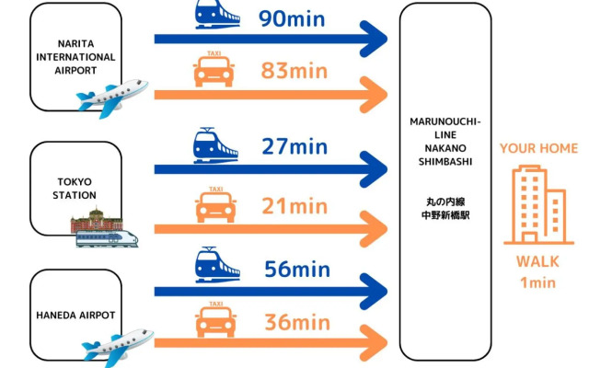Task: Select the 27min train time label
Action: [x=294, y=145]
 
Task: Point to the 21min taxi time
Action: [x=294, y=205]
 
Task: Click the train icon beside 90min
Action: [x=217, y=15]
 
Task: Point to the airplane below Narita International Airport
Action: [x=111, y=95]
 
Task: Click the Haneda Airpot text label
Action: [x=75, y=315]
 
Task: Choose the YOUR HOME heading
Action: [x=538, y=148]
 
